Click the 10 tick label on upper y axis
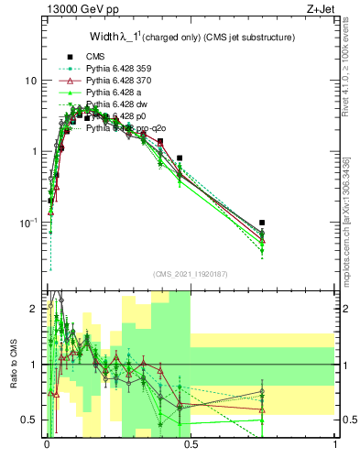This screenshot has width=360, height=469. click(30, 81)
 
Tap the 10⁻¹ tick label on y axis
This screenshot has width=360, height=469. click(27, 223)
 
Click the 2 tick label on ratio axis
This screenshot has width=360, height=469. click(33, 309)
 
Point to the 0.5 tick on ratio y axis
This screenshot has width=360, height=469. click(29, 420)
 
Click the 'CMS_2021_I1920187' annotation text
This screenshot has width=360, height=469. click(190, 273)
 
